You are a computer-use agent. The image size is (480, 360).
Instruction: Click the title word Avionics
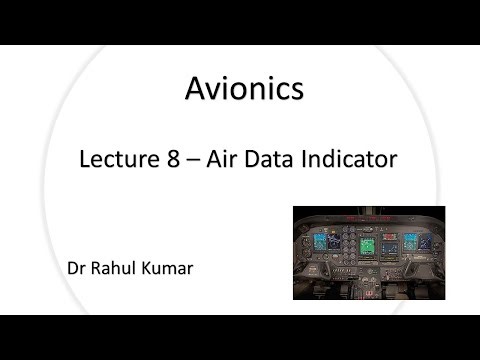coord(243,90)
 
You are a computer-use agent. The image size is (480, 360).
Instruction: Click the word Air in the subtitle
coord(223,157)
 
